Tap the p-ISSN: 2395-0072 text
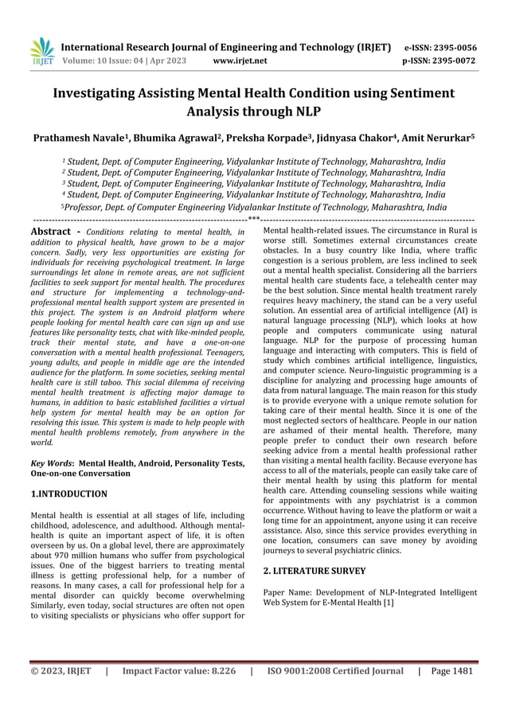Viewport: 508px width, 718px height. coord(440,60)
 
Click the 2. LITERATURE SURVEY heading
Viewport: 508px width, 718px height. coord(314,571)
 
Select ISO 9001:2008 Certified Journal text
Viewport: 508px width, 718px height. coord(335,671)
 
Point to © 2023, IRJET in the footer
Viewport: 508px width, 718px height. coord(61,671)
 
